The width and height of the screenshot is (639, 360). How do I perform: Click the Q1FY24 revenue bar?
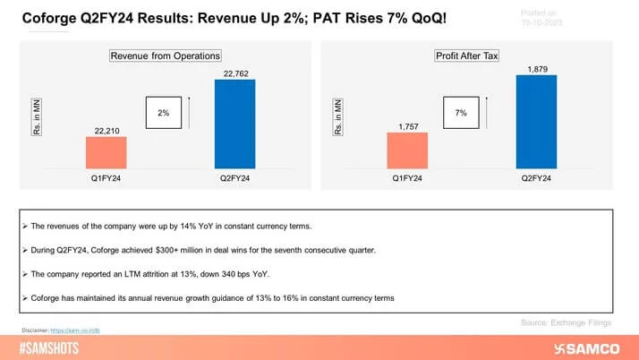[106, 153]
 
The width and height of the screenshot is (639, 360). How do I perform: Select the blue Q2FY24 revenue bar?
[234, 124]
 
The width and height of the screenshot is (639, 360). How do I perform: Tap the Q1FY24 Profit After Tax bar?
[408, 151]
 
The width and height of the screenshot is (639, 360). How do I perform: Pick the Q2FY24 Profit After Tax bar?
[536, 122]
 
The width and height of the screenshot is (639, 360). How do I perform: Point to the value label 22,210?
[106, 129]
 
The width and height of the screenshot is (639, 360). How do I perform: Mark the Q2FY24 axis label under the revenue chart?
[234, 178]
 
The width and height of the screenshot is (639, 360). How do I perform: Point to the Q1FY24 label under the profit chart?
[408, 178]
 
